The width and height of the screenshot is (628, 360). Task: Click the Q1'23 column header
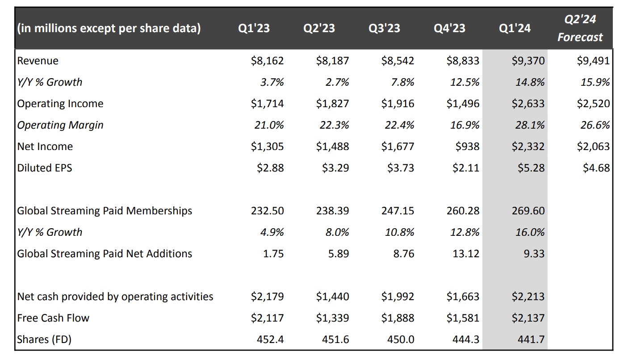coord(254,29)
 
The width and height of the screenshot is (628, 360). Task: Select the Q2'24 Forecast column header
coord(580,28)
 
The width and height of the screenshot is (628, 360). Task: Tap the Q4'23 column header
coord(449,29)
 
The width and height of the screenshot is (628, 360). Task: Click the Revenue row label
coord(38,61)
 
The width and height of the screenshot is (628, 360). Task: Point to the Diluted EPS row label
coord(45,168)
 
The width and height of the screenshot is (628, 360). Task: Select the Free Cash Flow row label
coord(53,318)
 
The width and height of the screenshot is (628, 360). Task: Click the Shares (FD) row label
coord(44,339)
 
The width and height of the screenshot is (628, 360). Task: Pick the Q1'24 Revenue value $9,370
coord(528,61)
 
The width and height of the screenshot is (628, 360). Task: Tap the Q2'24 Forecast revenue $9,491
coord(594,61)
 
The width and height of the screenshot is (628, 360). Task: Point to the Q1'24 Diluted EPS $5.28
coord(532,168)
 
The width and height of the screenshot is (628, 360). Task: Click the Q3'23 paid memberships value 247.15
coord(398,211)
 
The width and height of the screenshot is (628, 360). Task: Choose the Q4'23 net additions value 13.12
coord(465,254)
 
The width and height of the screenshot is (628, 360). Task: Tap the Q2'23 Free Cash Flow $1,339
coord(332,318)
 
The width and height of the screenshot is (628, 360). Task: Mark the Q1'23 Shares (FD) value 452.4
coord(270,339)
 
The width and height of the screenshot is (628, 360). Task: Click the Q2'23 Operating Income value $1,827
coord(332,104)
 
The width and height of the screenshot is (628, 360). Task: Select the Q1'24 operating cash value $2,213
coord(528,297)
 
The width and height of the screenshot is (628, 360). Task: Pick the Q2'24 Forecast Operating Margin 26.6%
coord(595,125)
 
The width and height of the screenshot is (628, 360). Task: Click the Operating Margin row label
coord(60,125)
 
